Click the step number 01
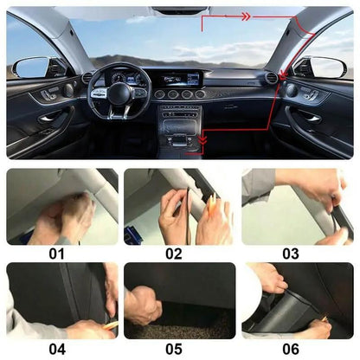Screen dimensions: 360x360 pyautogui.click(x=56, y=254)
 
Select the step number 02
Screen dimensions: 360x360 pyautogui.click(x=174, y=254)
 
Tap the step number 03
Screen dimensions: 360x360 pyautogui.click(x=291, y=254)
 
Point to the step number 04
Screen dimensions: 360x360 pyautogui.click(x=56, y=349)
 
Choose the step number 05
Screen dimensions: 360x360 pyautogui.click(x=174, y=349)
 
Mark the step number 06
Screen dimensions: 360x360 pyautogui.click(x=291, y=349)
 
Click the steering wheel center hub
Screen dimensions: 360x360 pyautogui.click(x=119, y=93)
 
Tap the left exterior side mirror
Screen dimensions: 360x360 pyautogui.click(x=32, y=67)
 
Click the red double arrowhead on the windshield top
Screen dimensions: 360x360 pyautogui.click(x=245, y=16)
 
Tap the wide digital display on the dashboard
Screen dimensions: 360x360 pyautogui.click(x=177, y=78)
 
